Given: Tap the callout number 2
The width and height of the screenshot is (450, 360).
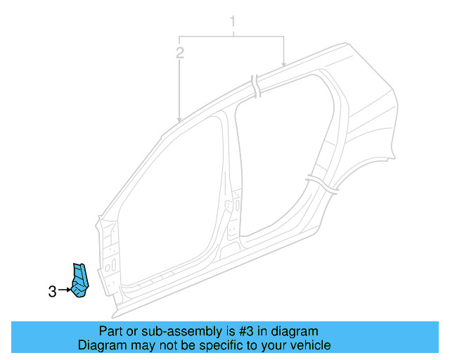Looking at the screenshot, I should [180, 53].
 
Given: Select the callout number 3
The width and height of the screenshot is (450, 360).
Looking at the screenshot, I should [53, 290].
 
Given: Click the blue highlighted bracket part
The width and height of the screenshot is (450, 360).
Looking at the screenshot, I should [81, 281].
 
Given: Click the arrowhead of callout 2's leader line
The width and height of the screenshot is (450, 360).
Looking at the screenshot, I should [180, 120].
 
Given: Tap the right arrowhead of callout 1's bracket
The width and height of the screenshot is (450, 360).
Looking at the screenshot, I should [283, 65].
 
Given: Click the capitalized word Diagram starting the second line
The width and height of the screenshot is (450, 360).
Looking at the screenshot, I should [101, 346].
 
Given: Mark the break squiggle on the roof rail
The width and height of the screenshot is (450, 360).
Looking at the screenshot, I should [256, 86].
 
